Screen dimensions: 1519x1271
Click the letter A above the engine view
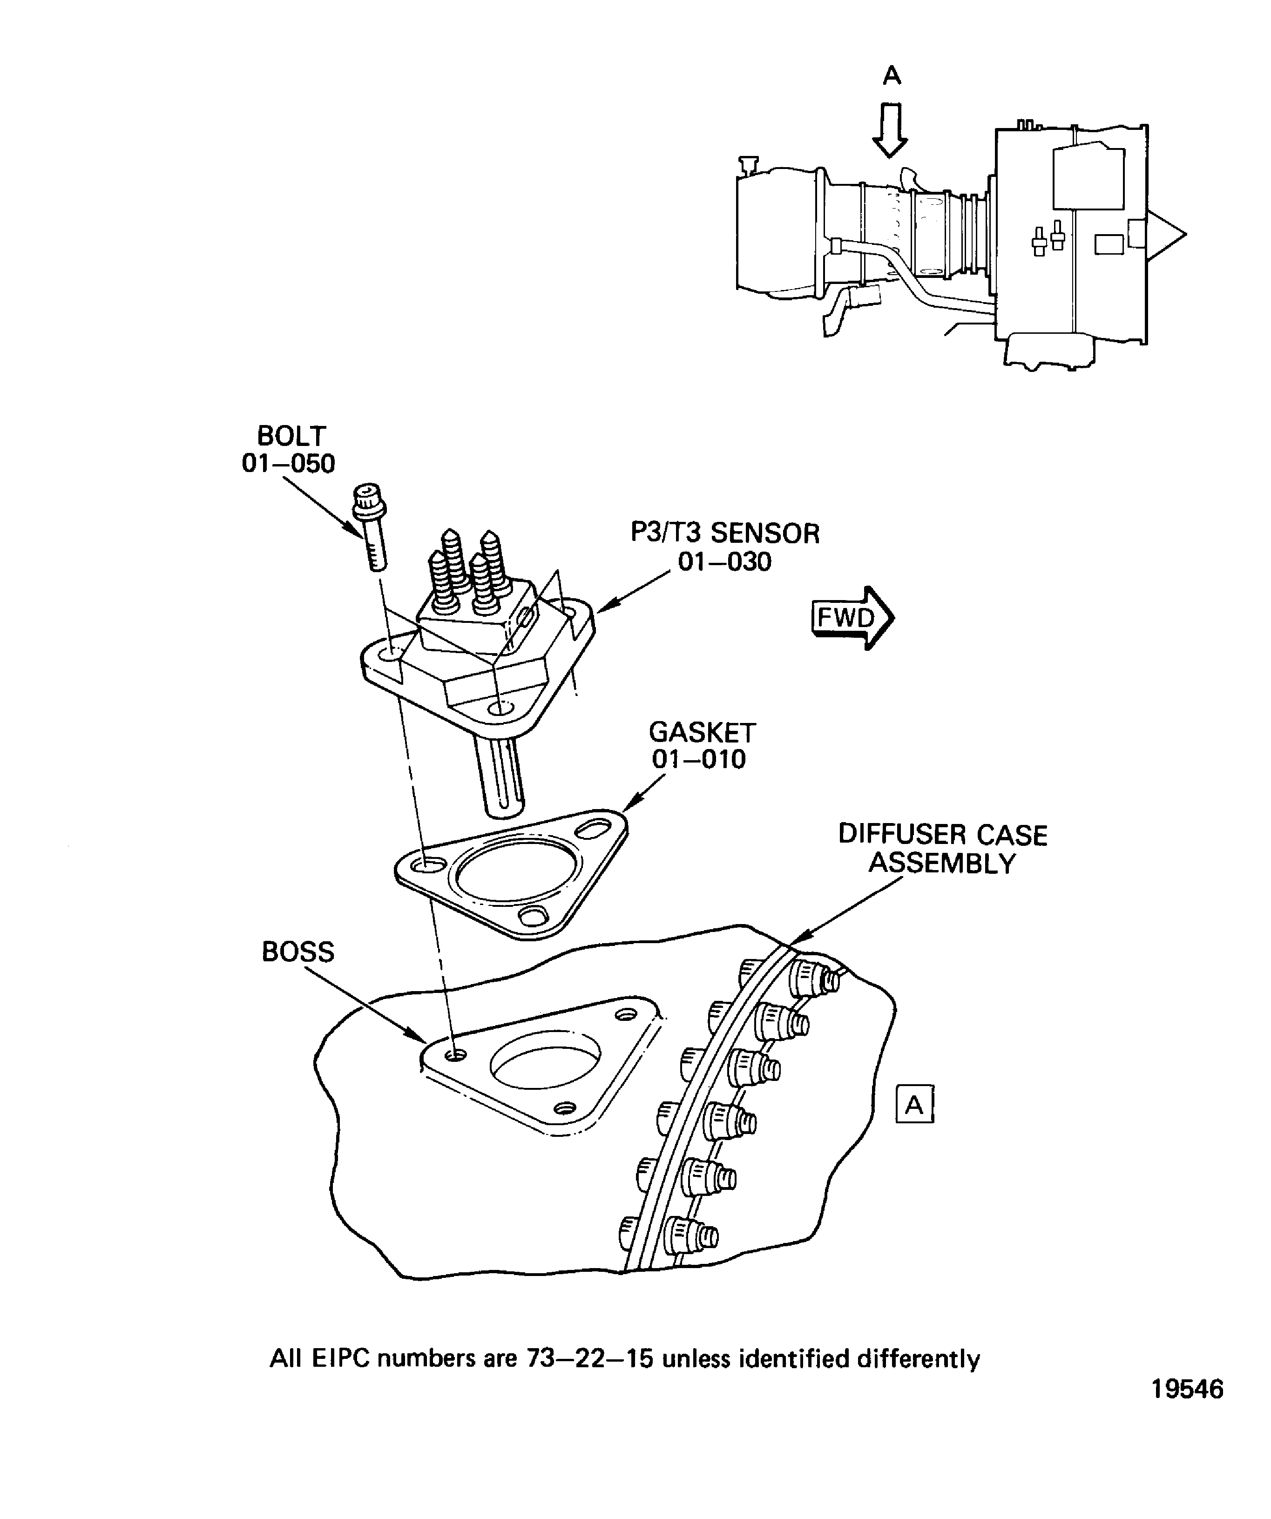click(892, 75)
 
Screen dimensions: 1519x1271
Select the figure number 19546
click(1187, 1424)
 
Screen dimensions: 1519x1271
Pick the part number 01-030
click(724, 562)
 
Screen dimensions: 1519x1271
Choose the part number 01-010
click(698, 760)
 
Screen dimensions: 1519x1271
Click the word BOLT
click(291, 436)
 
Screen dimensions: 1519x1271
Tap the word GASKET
click(702, 733)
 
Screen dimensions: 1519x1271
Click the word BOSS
click(298, 951)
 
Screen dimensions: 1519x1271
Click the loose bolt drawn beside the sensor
click(371, 528)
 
